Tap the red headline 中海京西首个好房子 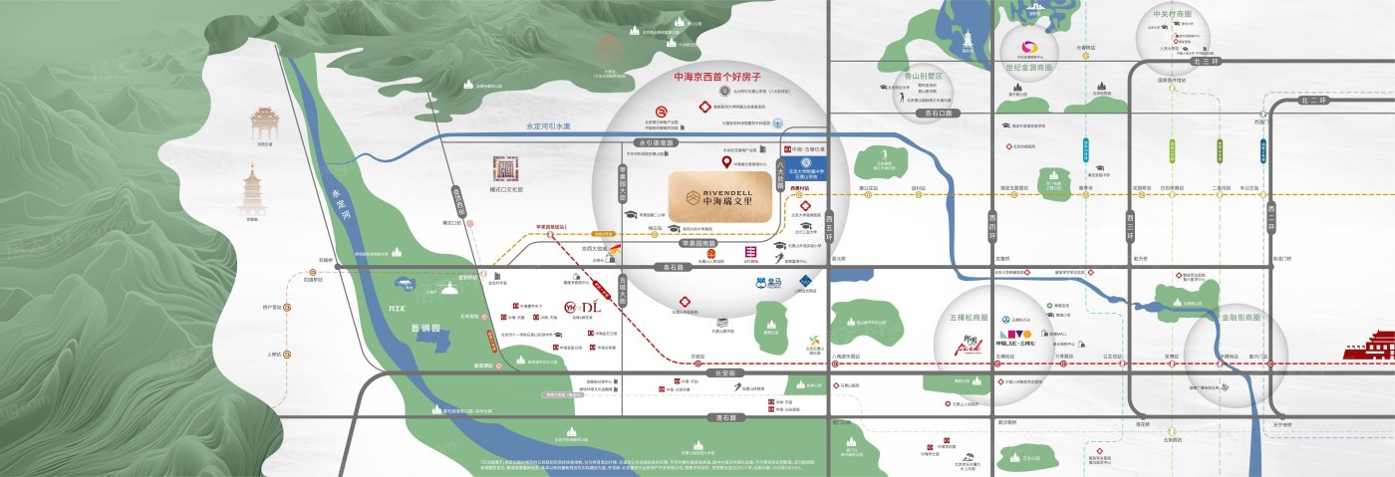coord(717,77)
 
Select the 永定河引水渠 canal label coord(548,126)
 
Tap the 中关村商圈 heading coord(1172,15)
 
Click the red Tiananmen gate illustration coord(1368,346)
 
